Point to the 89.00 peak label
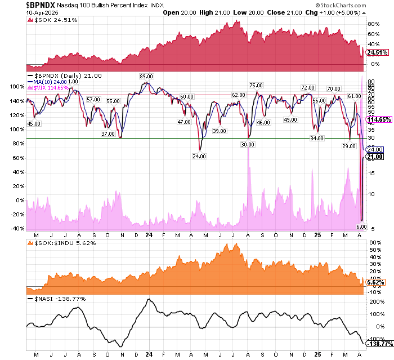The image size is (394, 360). pyautogui.click(x=147, y=76)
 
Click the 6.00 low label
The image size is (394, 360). pyautogui.click(x=362, y=226)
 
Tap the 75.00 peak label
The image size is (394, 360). pyautogui.click(x=257, y=85)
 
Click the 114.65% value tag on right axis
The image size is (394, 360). pyautogui.click(x=379, y=120)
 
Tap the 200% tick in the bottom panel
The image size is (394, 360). pyautogui.click(x=374, y=301)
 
